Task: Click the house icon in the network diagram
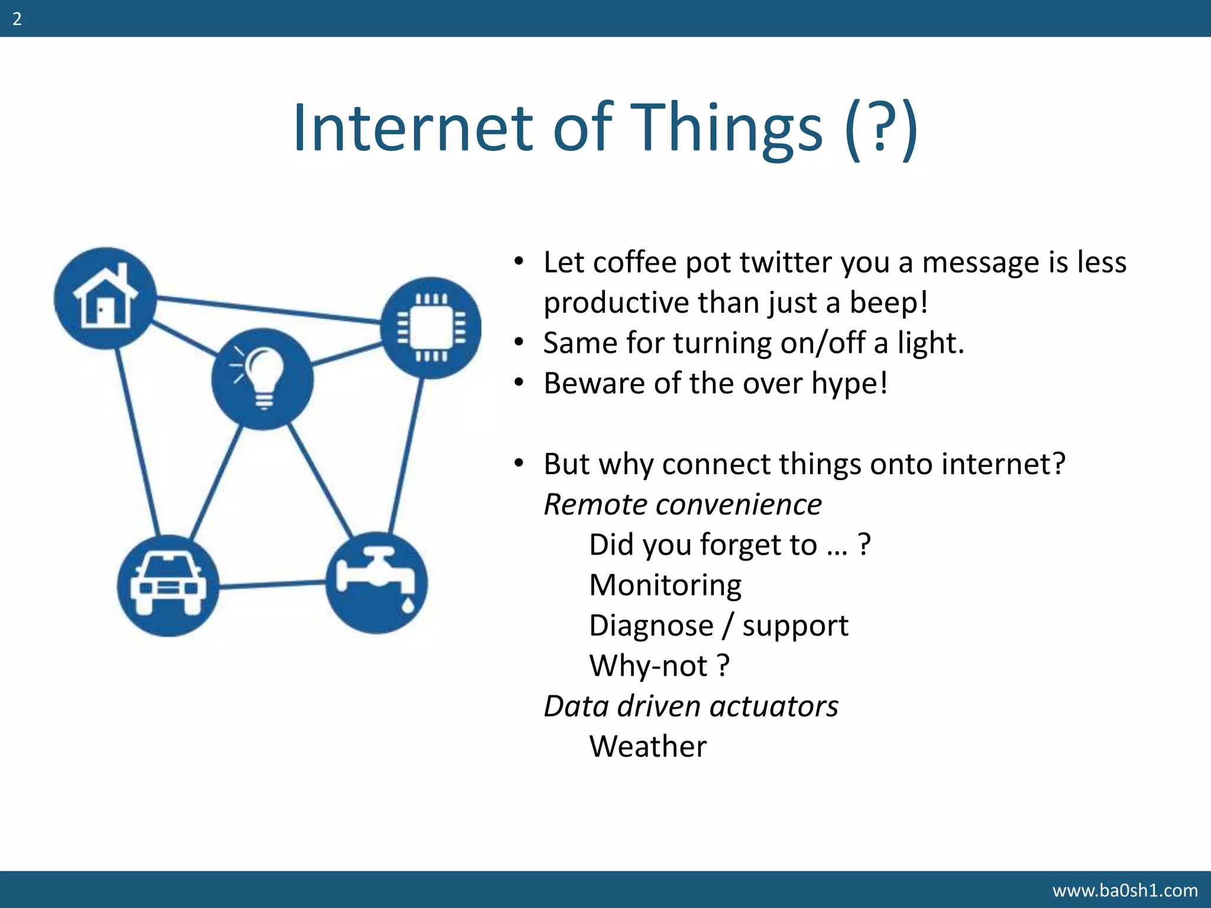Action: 105,297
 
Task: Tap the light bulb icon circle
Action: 262,378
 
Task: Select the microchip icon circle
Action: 431,327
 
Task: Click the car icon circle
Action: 168,585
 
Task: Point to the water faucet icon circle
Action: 377,582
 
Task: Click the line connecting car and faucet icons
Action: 272,584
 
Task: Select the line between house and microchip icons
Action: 269,310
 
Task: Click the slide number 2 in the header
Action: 17,19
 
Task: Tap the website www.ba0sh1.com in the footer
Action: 1125,890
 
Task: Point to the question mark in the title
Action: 880,128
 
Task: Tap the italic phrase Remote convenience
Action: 682,504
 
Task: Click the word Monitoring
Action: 665,585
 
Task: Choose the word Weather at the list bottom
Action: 647,746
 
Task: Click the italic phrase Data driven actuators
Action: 691,706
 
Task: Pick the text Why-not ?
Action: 659,666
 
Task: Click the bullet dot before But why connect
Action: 519,463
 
